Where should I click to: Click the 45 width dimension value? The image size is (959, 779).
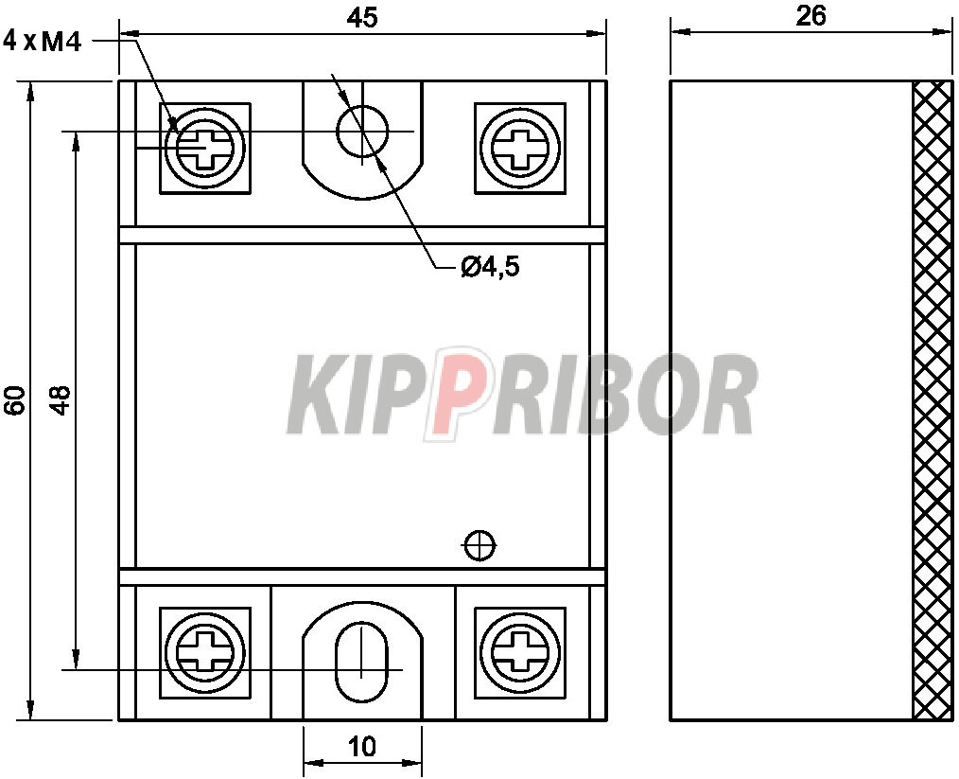[x=362, y=17]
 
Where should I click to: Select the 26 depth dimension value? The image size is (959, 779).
[x=811, y=16]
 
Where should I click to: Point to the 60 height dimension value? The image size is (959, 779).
[x=15, y=400]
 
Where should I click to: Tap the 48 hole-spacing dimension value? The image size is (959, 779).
[x=60, y=400]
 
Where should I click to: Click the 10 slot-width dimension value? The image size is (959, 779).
[x=362, y=747]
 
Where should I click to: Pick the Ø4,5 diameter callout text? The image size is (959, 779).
[x=491, y=267]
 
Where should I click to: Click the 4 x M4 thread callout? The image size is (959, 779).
[x=43, y=42]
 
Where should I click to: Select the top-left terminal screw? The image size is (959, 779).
[x=205, y=148]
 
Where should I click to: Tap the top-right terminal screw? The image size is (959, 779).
[x=520, y=148]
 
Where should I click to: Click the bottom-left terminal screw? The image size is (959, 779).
[x=205, y=652]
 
